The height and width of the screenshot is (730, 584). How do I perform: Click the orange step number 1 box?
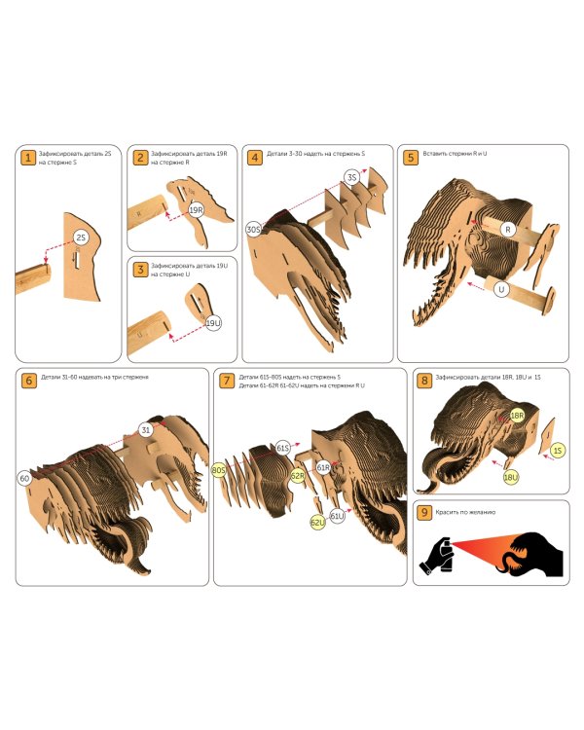[28, 158]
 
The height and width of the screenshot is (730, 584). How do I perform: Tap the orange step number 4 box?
[254, 158]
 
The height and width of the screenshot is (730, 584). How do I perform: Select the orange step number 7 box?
[227, 381]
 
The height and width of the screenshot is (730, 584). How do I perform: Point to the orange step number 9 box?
[424, 513]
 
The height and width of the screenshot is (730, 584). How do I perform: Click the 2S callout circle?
[81, 237]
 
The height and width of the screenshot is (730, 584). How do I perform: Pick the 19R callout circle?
[196, 210]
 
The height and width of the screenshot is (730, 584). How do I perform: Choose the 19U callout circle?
[213, 322]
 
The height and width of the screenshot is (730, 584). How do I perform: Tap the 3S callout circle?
[352, 177]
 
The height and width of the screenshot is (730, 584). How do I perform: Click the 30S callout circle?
[254, 230]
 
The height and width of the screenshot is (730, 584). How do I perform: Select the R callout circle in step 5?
[508, 230]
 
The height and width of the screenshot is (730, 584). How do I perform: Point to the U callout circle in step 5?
[501, 290]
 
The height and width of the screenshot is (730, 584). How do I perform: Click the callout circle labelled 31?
[146, 429]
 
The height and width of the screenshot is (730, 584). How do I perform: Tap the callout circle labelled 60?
[24, 478]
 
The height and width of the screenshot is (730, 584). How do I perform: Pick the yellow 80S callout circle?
[218, 470]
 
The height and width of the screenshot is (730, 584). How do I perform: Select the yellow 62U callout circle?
[317, 523]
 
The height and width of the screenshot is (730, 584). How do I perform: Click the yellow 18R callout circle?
[517, 416]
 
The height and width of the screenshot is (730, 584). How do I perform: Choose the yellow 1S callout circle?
[558, 451]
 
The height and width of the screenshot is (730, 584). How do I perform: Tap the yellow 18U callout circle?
[511, 477]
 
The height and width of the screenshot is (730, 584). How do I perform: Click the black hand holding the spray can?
[438, 556]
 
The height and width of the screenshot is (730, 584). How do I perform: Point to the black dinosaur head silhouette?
[533, 554]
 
